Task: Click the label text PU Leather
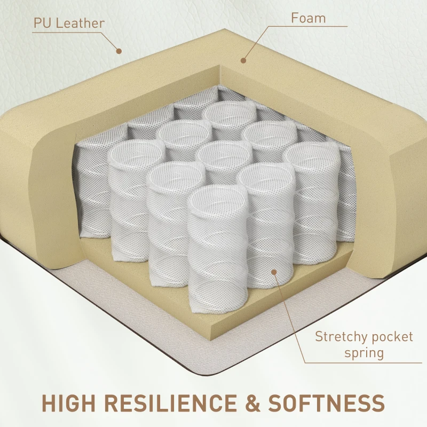(69, 23)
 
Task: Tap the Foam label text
(308, 18)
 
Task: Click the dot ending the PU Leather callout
(119, 51)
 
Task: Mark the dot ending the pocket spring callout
(274, 272)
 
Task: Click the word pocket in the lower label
(392, 337)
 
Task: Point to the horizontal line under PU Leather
(67, 32)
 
